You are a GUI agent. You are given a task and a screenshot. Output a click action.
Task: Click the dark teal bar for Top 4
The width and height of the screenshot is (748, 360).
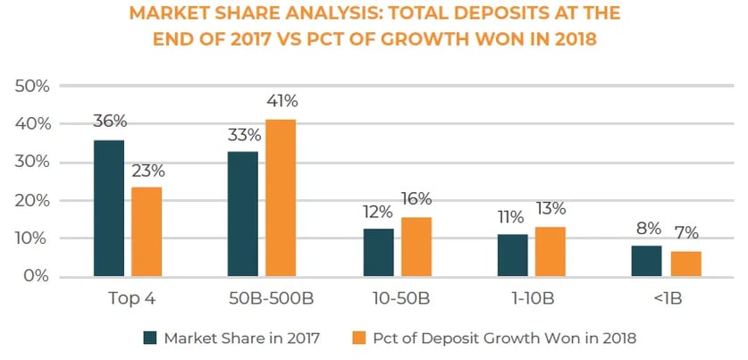[x=109, y=208]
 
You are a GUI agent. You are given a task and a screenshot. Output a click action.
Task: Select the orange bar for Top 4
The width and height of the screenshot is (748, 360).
[x=146, y=231]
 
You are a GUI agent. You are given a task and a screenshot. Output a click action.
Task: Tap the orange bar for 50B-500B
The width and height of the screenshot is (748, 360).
[x=280, y=197]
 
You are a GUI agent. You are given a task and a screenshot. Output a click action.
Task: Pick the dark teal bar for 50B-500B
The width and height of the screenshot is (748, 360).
[x=243, y=213]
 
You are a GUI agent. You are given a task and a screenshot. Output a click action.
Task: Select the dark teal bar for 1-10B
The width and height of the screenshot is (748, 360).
[x=513, y=255]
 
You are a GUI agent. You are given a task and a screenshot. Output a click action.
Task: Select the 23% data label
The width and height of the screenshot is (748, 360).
[x=147, y=170]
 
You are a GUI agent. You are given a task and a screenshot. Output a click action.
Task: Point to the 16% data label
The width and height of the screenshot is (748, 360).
[x=416, y=198]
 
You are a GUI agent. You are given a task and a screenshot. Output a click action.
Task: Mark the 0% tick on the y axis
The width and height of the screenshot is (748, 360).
[x=35, y=277]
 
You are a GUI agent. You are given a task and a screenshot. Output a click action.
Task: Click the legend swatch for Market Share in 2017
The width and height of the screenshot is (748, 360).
[x=149, y=338]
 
